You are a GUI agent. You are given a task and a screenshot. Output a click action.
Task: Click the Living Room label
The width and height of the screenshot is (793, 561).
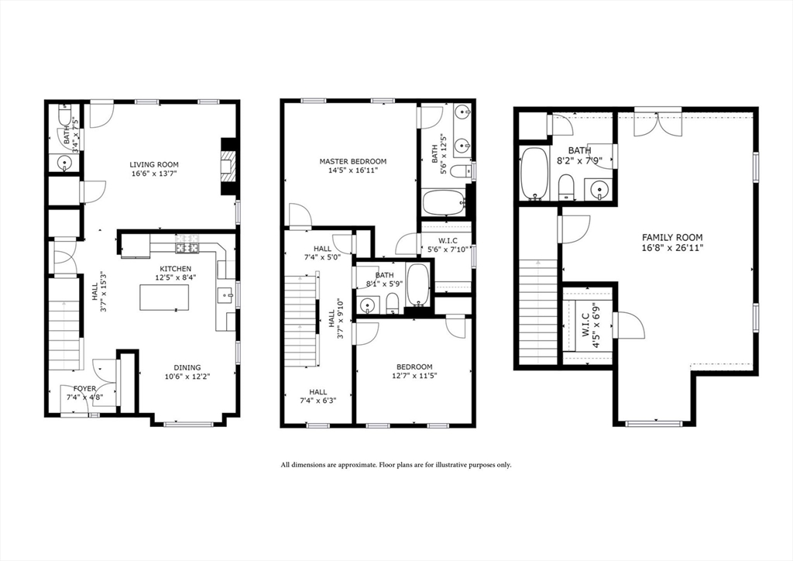(154, 164)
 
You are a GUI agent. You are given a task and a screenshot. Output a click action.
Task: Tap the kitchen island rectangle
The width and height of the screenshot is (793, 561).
(164, 298)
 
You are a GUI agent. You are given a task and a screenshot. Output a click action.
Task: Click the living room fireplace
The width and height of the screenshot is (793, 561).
(228, 166)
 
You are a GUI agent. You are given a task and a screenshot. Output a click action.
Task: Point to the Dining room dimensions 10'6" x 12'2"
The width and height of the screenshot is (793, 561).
(187, 377)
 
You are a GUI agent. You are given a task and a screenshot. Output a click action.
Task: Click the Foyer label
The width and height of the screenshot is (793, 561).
(84, 388)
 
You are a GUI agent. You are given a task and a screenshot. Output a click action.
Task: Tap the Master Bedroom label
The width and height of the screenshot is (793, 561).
(352, 161)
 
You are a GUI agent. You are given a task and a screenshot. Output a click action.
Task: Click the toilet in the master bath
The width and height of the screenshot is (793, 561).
(462, 171)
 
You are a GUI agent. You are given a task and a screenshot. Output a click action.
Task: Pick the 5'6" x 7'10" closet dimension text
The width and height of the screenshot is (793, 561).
(447, 249)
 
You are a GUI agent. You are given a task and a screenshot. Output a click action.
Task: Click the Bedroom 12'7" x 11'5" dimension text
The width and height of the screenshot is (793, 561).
(414, 376)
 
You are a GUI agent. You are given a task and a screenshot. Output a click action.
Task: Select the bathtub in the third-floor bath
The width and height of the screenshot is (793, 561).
(534, 174)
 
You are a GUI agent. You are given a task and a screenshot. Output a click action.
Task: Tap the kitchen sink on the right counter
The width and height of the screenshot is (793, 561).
(225, 294)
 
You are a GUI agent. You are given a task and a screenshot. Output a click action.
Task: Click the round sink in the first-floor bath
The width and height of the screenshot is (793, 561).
(65, 163)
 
